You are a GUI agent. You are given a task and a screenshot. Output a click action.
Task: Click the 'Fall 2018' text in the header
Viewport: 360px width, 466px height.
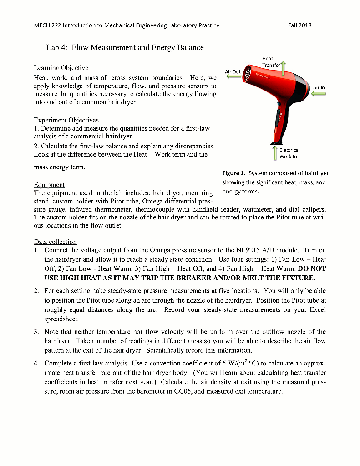click(x=300, y=25)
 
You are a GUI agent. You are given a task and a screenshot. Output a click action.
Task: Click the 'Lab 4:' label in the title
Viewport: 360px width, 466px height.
click(x=57, y=47)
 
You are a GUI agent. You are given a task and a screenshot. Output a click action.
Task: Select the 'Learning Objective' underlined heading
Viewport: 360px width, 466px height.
click(x=61, y=68)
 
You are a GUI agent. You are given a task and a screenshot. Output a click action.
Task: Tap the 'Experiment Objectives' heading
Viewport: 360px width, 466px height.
click(x=66, y=121)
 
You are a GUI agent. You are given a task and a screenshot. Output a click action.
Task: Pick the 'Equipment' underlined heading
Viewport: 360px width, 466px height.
click(x=49, y=185)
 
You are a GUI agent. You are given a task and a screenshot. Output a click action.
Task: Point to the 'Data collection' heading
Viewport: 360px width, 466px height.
click(x=55, y=242)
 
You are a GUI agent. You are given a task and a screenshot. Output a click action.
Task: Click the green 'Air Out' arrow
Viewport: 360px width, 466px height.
click(x=234, y=77)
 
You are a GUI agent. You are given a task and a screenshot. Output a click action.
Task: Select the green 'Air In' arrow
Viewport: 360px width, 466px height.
click(x=319, y=94)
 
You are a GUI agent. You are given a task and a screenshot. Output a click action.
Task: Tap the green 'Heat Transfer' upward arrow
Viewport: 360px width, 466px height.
click(x=283, y=69)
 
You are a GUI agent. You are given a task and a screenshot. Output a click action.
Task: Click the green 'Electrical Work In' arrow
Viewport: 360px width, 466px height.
click(x=274, y=153)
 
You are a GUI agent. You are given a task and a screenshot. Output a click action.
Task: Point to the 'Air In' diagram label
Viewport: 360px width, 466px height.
click(x=319, y=87)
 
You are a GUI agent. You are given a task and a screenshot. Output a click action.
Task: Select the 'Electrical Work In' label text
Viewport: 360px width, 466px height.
click(x=289, y=153)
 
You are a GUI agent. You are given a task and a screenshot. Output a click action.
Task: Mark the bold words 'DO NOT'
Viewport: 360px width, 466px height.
click(x=312, y=268)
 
